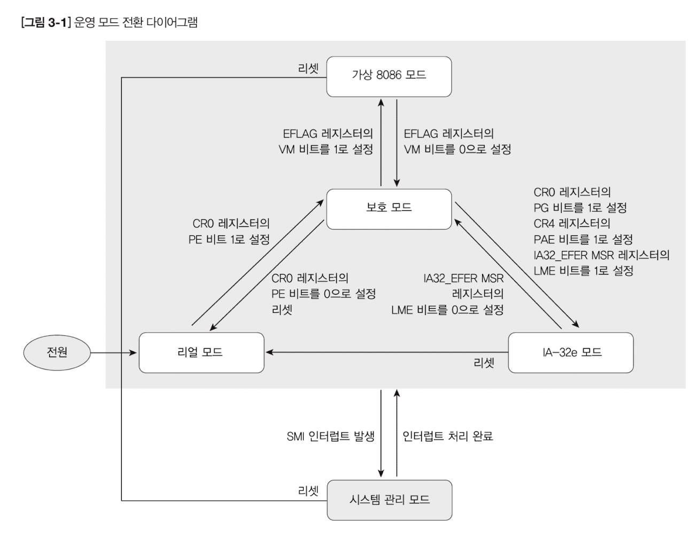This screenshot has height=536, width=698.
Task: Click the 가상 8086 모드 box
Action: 389,76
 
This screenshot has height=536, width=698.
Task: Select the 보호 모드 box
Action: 389,209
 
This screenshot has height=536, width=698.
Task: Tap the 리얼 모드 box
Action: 201,352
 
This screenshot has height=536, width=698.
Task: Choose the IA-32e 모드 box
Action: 571,352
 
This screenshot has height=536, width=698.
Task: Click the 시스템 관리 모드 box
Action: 389,500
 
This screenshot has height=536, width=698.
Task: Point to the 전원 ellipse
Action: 57,352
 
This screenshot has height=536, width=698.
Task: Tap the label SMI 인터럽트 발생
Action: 330,437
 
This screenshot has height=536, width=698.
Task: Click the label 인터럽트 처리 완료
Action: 448,437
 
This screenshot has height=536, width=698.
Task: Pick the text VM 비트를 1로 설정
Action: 325,149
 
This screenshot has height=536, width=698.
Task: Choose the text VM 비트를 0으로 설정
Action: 457,149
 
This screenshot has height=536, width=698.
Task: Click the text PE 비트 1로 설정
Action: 229,240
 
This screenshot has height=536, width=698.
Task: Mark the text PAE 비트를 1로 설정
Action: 583,239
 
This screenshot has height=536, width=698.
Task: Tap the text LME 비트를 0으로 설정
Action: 447,310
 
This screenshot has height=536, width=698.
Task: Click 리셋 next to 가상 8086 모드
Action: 308,69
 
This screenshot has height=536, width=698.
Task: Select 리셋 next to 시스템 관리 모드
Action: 308,491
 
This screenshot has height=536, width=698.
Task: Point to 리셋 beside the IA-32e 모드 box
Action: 484,364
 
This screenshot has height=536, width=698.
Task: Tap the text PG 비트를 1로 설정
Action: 580,208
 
